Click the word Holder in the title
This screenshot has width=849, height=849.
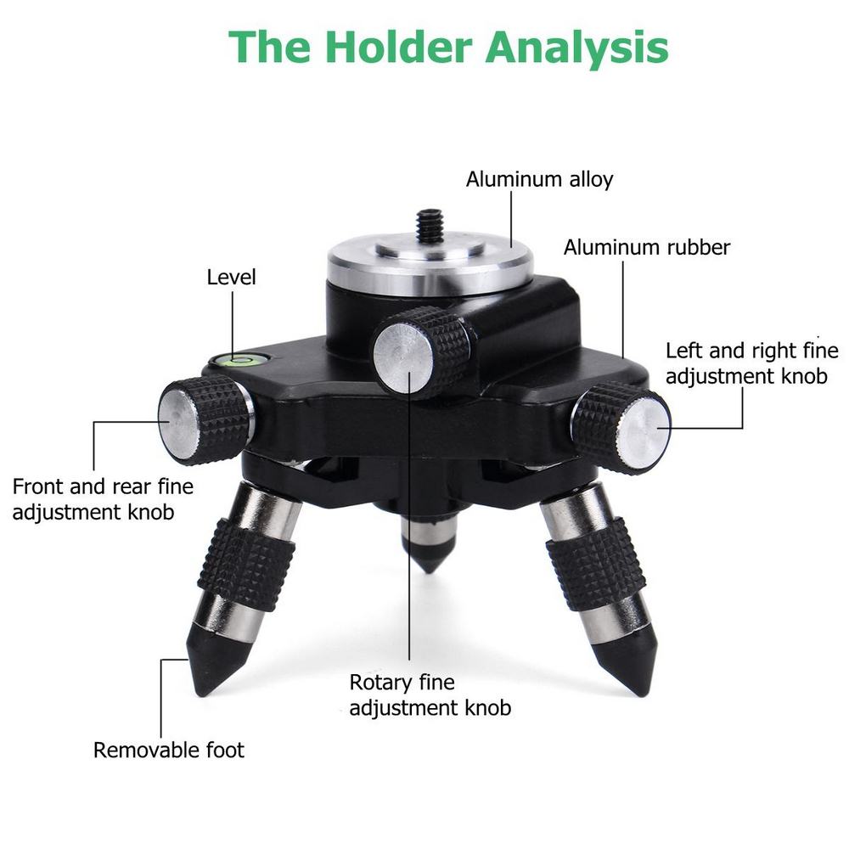coord(398,47)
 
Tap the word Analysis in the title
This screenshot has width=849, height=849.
coord(576,48)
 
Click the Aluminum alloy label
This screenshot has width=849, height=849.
coord(539,179)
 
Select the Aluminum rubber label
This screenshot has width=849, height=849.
coord(646,247)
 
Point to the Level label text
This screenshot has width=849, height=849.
coord(231,278)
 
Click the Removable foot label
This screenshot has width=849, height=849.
coord(168,751)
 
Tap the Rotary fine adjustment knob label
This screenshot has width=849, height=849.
coord(430,695)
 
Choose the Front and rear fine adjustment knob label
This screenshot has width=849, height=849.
coord(103,499)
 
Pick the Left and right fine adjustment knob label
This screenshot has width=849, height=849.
coord(752,363)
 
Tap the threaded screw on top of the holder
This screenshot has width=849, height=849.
coord(427,228)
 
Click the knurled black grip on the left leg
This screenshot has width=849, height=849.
coord(246,557)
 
